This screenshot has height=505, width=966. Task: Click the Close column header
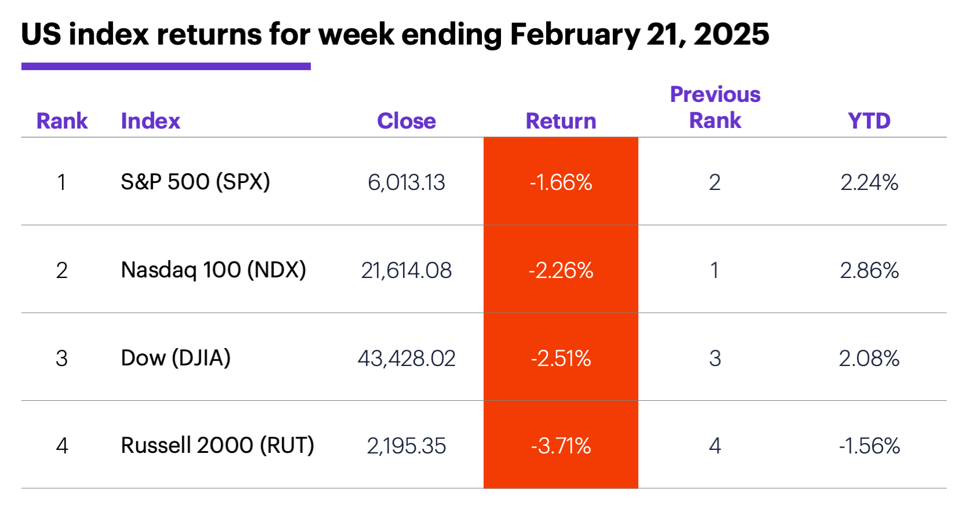click(x=406, y=121)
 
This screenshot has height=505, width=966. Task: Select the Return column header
click(x=561, y=121)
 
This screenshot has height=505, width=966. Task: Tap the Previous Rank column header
click(x=715, y=108)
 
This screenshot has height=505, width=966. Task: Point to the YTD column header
click(x=869, y=121)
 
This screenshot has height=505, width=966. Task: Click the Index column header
click(x=151, y=121)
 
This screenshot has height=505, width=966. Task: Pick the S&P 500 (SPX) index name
click(x=195, y=182)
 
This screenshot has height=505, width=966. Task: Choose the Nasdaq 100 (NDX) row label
click(x=213, y=270)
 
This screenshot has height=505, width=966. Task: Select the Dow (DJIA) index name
click(x=175, y=358)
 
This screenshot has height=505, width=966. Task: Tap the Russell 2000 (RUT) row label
click(x=217, y=445)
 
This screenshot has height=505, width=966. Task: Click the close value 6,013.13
click(x=406, y=182)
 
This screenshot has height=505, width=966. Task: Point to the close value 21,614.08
click(x=406, y=270)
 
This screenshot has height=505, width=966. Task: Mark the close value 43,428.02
click(x=406, y=358)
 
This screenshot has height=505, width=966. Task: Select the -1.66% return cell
click(x=561, y=182)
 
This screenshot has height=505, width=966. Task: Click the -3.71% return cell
click(x=561, y=446)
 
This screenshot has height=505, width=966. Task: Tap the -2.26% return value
click(x=561, y=270)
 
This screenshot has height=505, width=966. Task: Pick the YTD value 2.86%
click(x=869, y=270)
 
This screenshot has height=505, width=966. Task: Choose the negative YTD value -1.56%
click(x=869, y=446)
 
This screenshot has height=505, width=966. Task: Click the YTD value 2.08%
click(x=869, y=358)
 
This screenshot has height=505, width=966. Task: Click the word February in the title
click(x=575, y=35)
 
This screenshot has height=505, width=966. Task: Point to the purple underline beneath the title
click(x=166, y=67)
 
